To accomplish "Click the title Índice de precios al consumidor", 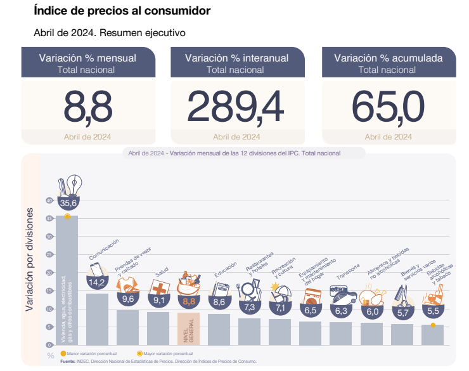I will click(x=122, y=11).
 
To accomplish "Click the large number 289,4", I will click(x=236, y=105).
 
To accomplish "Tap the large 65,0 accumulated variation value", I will click(x=388, y=105).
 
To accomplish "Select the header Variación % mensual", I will click(x=87, y=58).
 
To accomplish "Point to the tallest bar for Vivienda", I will click(x=67, y=279).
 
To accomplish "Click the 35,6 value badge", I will click(x=68, y=203).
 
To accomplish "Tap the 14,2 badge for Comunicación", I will click(x=97, y=283).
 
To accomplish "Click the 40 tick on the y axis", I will click(x=49, y=200).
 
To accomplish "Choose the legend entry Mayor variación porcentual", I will click(x=165, y=353).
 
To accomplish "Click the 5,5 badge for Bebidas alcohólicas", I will click(x=434, y=311).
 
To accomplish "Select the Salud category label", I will click(x=162, y=270).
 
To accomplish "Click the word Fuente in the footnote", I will click(x=68, y=360).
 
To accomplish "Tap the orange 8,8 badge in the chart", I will click(x=189, y=302).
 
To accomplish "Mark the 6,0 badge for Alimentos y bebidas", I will click(x=372, y=311).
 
